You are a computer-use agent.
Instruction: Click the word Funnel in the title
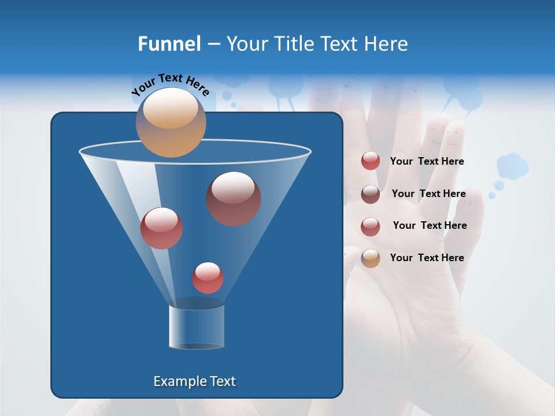169,44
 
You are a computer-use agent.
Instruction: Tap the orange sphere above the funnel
171,122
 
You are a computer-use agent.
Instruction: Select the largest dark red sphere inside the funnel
233,199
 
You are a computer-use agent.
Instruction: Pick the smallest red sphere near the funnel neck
208,278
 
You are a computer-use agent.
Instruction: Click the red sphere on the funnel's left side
161,228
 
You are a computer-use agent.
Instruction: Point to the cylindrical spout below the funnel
197,326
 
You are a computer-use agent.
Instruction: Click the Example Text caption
195,381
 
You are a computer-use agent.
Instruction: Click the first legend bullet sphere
371,161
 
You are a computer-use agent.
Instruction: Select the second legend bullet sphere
371,194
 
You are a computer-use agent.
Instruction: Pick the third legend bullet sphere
371,226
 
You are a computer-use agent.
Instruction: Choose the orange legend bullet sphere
371,258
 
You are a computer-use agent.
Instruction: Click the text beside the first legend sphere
427,162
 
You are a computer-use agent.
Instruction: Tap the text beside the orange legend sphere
427,258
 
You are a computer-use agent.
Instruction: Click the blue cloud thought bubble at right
512,166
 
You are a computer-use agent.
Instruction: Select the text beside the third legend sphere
430,225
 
